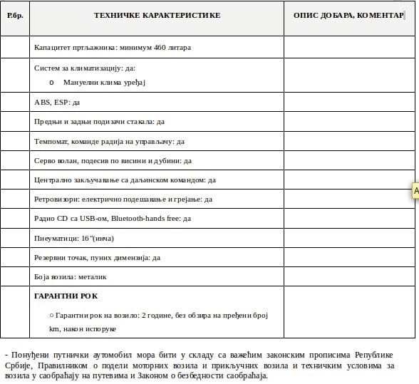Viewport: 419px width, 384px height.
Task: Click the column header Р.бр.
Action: (x=14, y=15)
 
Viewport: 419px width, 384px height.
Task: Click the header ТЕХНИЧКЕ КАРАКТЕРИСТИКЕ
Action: (x=157, y=15)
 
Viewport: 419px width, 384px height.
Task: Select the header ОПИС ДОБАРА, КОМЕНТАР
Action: (x=348, y=15)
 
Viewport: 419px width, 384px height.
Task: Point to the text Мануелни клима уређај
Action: (x=104, y=83)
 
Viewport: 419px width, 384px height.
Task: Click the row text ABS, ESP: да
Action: (x=57, y=103)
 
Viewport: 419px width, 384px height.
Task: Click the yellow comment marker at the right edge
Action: (x=415, y=191)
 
